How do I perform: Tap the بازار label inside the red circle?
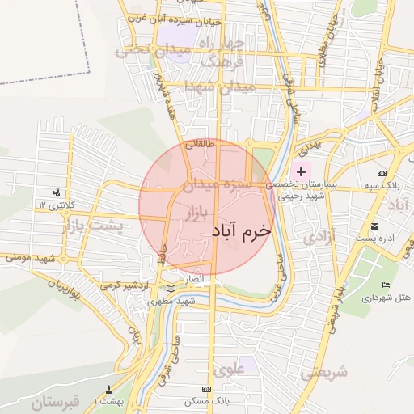(x=196, y=213)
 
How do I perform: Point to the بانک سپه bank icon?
(x=382, y=173)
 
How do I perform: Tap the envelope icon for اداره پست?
(x=374, y=226)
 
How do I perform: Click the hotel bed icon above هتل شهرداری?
(x=386, y=285)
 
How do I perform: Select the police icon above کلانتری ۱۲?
(x=57, y=192)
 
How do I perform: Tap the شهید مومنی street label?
(x=30, y=257)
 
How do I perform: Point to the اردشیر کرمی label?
(x=126, y=286)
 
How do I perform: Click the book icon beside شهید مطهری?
(x=169, y=289)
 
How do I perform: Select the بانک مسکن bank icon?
(x=217, y=389)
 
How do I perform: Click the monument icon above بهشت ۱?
(x=109, y=390)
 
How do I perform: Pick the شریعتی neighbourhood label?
(x=324, y=373)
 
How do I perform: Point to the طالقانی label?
(x=201, y=146)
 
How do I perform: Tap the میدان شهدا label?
(x=219, y=86)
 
